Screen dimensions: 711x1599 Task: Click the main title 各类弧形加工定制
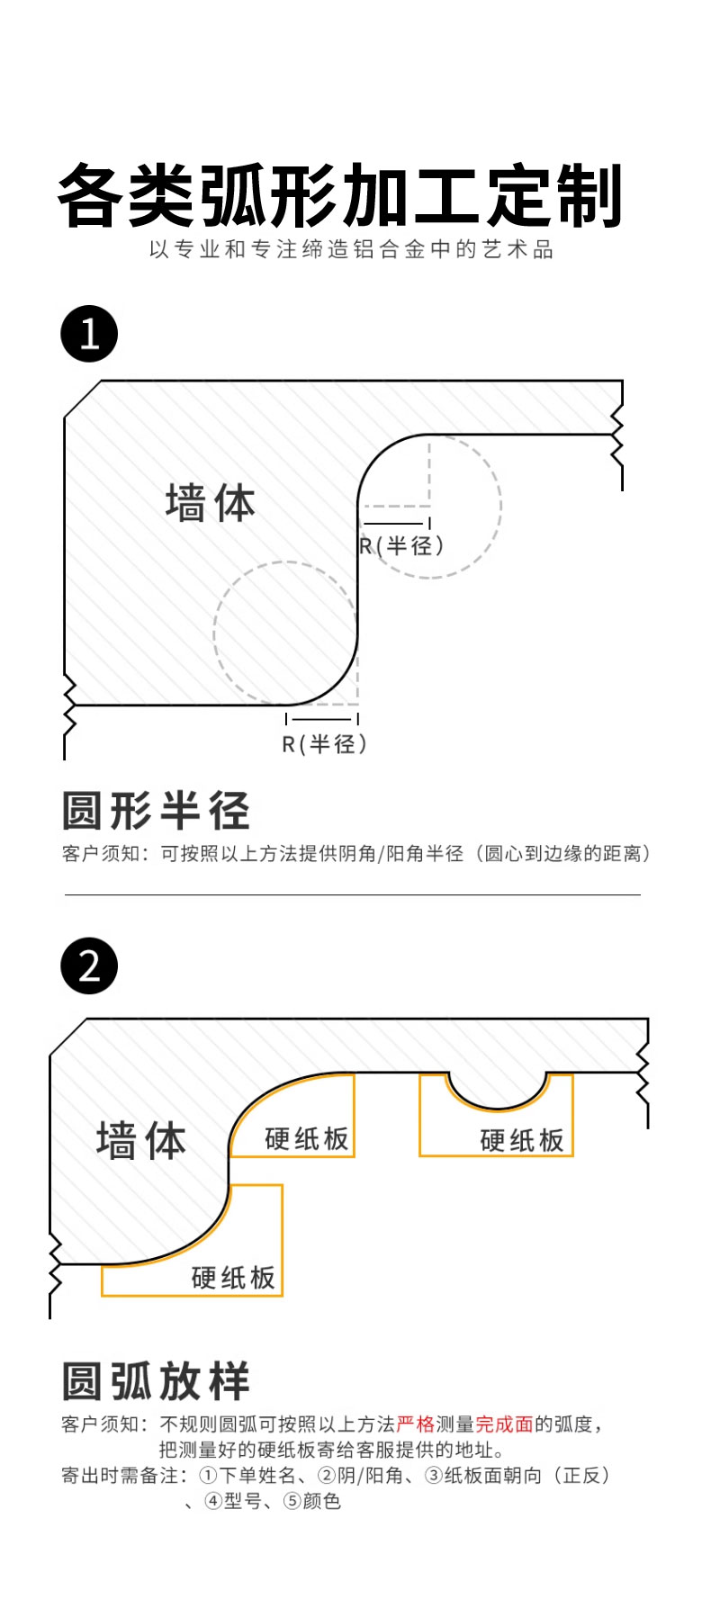point(340,195)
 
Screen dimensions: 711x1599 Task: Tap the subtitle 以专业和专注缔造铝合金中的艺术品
point(352,249)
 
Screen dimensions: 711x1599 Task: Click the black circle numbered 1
point(89,334)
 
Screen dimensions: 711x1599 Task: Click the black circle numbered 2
point(89,966)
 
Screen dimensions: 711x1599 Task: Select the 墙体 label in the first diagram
point(211,502)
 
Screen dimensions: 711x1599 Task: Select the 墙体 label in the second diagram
point(141,1140)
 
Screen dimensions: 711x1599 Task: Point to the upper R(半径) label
point(401,545)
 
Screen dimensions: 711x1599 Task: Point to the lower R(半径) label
point(325,744)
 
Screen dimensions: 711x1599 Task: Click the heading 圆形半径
point(156,811)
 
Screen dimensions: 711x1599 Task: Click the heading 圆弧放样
point(156,1381)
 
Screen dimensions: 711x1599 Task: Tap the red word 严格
point(415,1424)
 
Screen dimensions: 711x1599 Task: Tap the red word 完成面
point(504,1424)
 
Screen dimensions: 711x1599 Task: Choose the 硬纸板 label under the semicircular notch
point(522,1140)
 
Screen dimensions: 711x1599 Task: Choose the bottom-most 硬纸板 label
point(233,1278)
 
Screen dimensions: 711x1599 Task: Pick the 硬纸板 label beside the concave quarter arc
point(307,1138)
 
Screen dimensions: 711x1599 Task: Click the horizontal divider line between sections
point(353,895)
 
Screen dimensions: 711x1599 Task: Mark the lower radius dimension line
point(322,719)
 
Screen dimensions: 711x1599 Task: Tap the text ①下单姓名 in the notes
point(246,1475)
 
